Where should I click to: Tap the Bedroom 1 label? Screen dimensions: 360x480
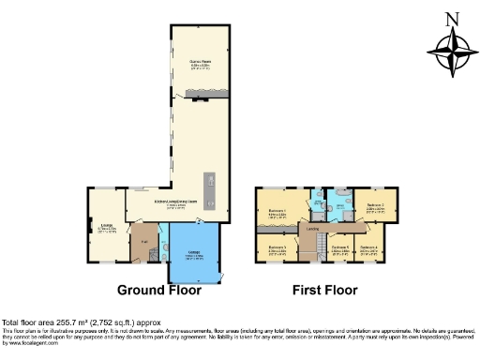(276, 211)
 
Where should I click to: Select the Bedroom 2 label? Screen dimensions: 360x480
(376, 204)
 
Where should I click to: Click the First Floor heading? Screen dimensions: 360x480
(325, 290)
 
